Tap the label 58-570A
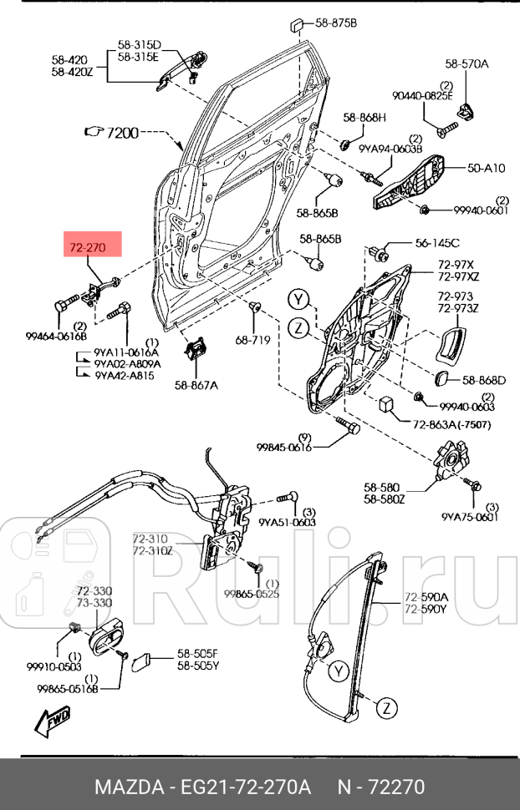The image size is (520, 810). tap(466, 63)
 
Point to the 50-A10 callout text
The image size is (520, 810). tap(486, 168)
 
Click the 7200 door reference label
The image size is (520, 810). tap(121, 132)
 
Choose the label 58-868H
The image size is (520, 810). tap(363, 117)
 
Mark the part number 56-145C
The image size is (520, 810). tap(437, 243)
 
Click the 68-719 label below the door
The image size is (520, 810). tap(252, 340)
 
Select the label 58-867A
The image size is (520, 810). tap(196, 385)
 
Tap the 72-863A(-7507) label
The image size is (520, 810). tap(451, 425)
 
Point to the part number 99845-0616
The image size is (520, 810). tap(283, 448)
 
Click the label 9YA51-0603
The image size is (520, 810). tap(287, 522)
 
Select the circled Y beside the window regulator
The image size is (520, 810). tap(337, 670)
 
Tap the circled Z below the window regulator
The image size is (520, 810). tap(385, 708)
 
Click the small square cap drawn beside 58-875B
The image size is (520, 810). tap(298, 23)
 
